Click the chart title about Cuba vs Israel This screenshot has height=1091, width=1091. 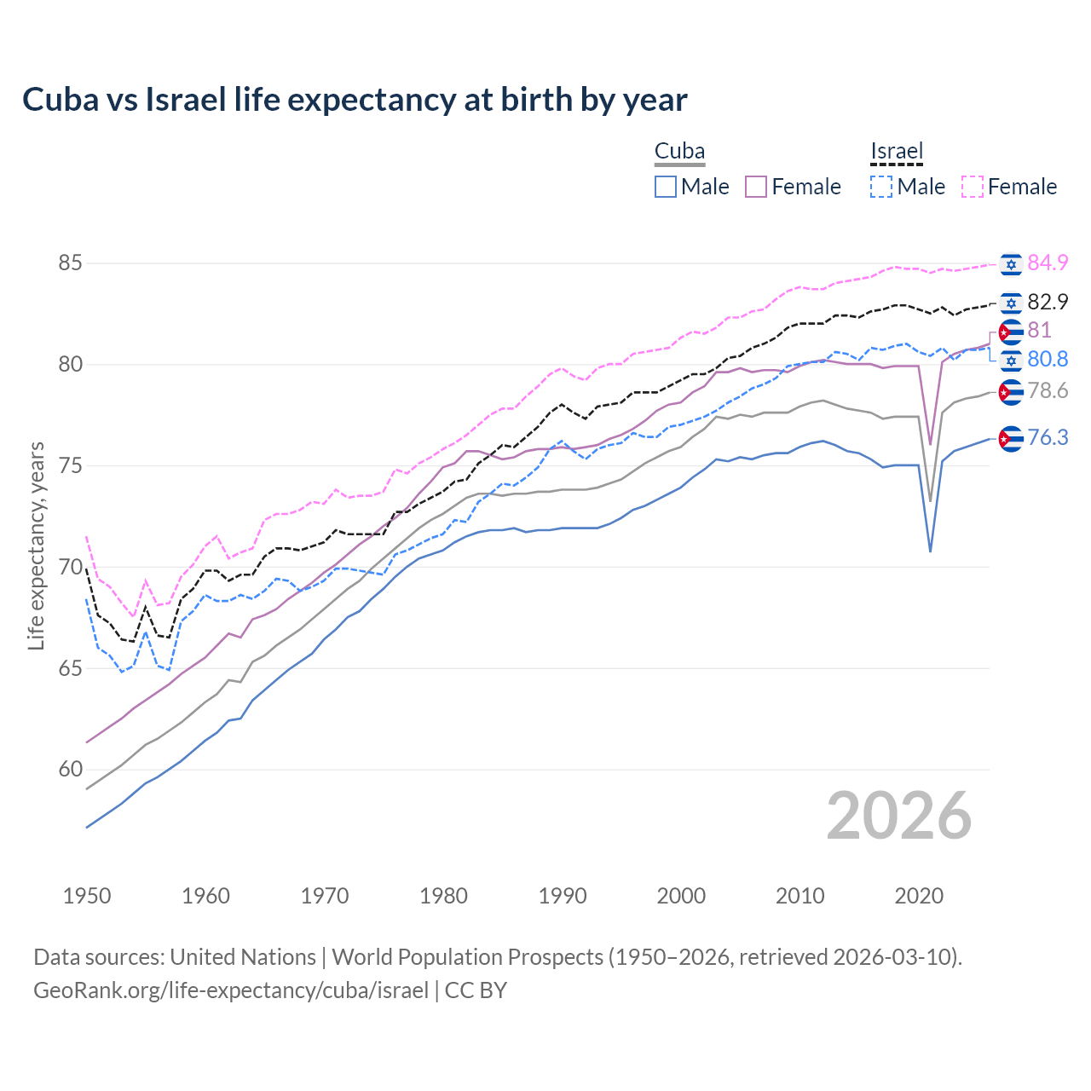(x=355, y=100)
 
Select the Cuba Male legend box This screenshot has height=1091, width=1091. (x=666, y=187)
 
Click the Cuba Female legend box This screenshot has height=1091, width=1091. (x=756, y=187)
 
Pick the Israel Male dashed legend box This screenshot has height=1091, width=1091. (x=881, y=187)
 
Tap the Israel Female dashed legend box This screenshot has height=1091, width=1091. (x=973, y=187)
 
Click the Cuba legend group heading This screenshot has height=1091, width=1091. (x=679, y=152)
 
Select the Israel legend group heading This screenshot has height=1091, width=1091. (x=897, y=152)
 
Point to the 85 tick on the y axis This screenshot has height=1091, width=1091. (x=70, y=263)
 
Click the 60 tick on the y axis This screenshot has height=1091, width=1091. (x=70, y=770)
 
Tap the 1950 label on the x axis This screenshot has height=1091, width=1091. (x=87, y=896)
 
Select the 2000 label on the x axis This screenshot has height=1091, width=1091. (x=681, y=896)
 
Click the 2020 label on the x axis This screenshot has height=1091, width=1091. (x=919, y=896)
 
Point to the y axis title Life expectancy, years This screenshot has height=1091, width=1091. (x=36, y=545)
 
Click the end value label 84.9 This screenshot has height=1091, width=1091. (x=1048, y=263)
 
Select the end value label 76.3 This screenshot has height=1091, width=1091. (x=1048, y=438)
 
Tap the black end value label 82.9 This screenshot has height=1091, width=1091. (x=1048, y=303)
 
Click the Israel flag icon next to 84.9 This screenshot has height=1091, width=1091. (x=1011, y=264)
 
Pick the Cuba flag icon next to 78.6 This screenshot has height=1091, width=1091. (x=1011, y=392)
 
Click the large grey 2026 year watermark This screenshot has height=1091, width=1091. (x=899, y=816)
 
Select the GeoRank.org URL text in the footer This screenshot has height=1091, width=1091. (x=231, y=990)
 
